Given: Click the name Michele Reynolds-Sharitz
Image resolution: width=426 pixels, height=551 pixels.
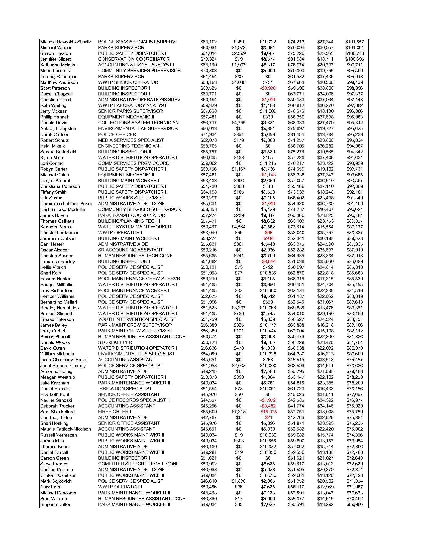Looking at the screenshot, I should click(x=66, y=42).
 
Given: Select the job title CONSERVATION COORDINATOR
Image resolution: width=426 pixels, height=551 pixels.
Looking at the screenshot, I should click(x=134, y=59).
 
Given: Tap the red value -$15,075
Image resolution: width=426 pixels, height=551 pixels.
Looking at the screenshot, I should click(x=268, y=412).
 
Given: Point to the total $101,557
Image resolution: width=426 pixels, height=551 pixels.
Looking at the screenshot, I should click(x=355, y=42).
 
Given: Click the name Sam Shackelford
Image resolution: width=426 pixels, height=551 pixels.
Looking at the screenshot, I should click(x=58, y=412).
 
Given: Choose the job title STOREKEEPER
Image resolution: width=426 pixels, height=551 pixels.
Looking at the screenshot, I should click(x=115, y=342).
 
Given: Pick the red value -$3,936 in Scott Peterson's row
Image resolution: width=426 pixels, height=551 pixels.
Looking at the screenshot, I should click(x=268, y=88).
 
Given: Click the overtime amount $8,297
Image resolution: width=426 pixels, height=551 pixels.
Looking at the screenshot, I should click(x=239, y=308).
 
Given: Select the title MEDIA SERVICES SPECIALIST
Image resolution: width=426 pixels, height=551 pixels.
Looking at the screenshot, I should click(x=131, y=140).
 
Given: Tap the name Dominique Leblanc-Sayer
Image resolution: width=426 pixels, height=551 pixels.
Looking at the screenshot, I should click(x=66, y=204).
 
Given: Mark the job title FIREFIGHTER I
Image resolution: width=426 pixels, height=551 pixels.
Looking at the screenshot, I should click(x=115, y=412).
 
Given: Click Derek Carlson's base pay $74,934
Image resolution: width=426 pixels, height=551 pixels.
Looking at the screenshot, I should click(x=208, y=134).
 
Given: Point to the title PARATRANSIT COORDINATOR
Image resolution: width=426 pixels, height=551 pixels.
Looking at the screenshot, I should click(x=132, y=215).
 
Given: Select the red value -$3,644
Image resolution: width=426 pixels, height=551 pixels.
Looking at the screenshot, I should click(x=268, y=262).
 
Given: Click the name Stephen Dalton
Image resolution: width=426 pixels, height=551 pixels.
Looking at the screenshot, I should click(x=56, y=504).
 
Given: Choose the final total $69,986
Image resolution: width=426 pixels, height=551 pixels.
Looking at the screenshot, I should click(x=355, y=504).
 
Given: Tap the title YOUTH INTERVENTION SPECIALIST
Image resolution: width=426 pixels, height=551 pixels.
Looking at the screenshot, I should click(x=137, y=319).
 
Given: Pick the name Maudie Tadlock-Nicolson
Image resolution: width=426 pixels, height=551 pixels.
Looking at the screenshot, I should click(x=66, y=429).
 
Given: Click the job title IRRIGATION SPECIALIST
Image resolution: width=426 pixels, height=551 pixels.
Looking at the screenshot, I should click(x=125, y=389).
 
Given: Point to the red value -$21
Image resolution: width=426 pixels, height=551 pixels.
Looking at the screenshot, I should click(x=268, y=418).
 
